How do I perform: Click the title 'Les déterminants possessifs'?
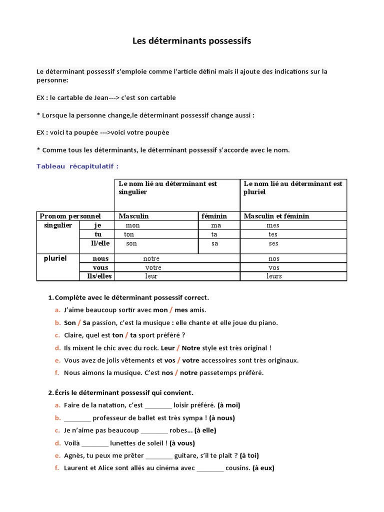point(191,41)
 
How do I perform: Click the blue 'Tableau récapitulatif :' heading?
point(77,166)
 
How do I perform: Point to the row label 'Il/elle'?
point(100,243)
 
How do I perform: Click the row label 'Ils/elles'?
point(99,276)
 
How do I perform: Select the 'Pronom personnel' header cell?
point(70,216)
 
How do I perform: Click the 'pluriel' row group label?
point(55,258)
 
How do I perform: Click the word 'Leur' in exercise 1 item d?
point(168,347)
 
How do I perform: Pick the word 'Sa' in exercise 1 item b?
point(86,322)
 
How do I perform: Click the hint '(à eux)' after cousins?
point(263,468)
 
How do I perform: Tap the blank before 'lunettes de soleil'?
point(95,443)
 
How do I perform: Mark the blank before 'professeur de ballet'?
point(77,418)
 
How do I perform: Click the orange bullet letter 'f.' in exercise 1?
point(57,372)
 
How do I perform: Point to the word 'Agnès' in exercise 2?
point(74,455)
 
